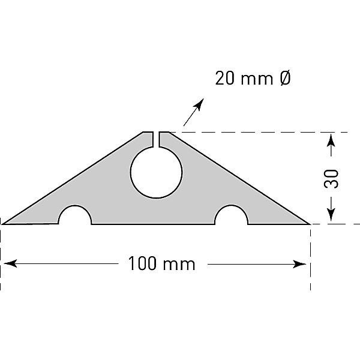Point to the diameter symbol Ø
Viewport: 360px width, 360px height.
[285, 79]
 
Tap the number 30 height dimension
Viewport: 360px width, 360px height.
[332, 178]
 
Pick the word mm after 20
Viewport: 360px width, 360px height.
[259, 79]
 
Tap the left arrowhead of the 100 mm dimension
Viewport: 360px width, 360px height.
[8, 263]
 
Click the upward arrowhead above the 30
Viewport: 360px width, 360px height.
[331, 139]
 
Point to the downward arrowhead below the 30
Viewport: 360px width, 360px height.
[331, 217]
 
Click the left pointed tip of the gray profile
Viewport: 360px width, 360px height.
[4, 223]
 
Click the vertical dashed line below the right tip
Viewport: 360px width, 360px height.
[310, 258]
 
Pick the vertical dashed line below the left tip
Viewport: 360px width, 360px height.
[1, 258]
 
